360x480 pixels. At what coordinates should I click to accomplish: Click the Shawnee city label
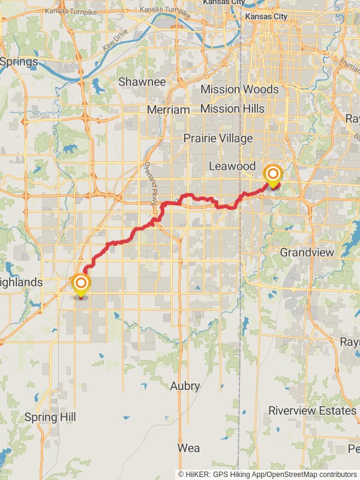point(142,81)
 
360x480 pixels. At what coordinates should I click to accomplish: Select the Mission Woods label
point(239,89)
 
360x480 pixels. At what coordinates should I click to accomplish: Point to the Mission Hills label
point(232,109)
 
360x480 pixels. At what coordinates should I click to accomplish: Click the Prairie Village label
point(218,138)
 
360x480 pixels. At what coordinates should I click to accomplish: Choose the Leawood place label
point(232,166)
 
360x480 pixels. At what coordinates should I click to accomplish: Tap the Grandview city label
point(307,252)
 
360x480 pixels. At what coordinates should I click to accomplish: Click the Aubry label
point(185,386)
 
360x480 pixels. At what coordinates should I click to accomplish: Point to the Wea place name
point(188,448)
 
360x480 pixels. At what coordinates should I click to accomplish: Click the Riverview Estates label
point(312,411)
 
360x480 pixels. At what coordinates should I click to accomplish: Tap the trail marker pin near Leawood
point(273,176)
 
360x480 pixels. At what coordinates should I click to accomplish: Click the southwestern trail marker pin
point(80,283)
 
